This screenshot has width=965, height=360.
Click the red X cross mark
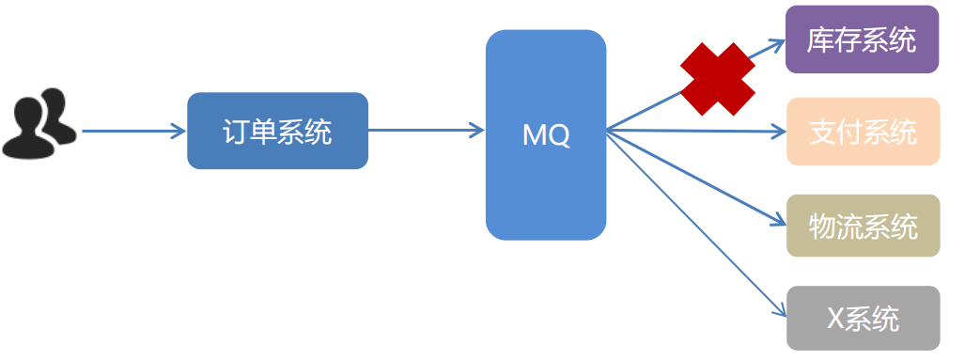coord(718,79)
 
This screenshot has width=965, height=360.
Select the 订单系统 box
coord(277,131)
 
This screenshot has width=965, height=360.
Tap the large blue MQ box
coord(546,134)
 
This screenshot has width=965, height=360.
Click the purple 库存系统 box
coord(863,39)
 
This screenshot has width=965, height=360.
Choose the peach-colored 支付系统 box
coord(863,131)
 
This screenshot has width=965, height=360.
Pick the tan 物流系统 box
coord(863,226)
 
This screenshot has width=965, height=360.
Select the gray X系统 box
coord(863,318)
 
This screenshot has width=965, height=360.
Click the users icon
coord(39,123)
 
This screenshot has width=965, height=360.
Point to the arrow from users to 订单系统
coord(133,131)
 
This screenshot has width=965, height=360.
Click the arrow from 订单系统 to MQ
coord(427,130)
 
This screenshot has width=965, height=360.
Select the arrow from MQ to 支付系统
coord(696,131)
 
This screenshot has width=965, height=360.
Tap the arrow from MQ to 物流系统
coord(696,178)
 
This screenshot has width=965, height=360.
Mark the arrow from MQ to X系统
coord(696,224)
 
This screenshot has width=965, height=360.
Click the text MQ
coord(546,135)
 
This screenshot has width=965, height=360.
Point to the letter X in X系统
coord(835,318)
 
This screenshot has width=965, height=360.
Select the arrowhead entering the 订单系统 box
coord(179,131)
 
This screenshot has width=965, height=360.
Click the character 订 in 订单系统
coord(236,131)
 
